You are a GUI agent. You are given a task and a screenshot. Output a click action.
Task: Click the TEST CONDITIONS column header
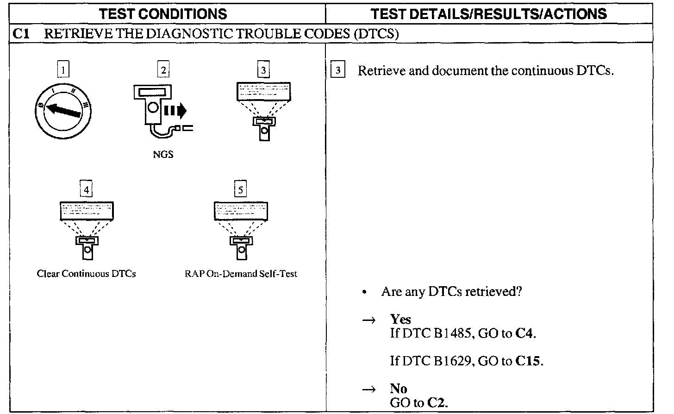coord(163,14)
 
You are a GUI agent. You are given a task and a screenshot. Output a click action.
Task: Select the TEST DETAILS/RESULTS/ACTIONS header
coord(489,14)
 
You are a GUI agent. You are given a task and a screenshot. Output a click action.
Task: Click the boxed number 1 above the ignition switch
coord(63,70)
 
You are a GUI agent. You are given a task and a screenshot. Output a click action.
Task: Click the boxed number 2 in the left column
coord(163,70)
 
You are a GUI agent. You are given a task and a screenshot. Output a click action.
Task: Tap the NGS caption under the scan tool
coord(163,155)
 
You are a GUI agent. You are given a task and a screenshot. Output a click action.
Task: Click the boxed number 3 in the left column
coord(263,70)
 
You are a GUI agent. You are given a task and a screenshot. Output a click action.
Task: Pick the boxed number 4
coord(86,189)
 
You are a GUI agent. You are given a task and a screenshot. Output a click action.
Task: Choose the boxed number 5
coord(240,189)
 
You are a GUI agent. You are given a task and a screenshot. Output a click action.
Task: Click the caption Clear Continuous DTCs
coord(86,274)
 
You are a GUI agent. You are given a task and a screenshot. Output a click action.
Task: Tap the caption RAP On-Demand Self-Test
coord(241,274)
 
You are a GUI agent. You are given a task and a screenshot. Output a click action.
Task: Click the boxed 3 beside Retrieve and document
coord(338,70)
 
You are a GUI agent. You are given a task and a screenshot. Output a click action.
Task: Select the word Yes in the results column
coord(400,319)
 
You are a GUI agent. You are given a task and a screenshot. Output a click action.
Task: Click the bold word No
coord(398,389)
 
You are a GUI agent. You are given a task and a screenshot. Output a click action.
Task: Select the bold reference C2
coord(437,403)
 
